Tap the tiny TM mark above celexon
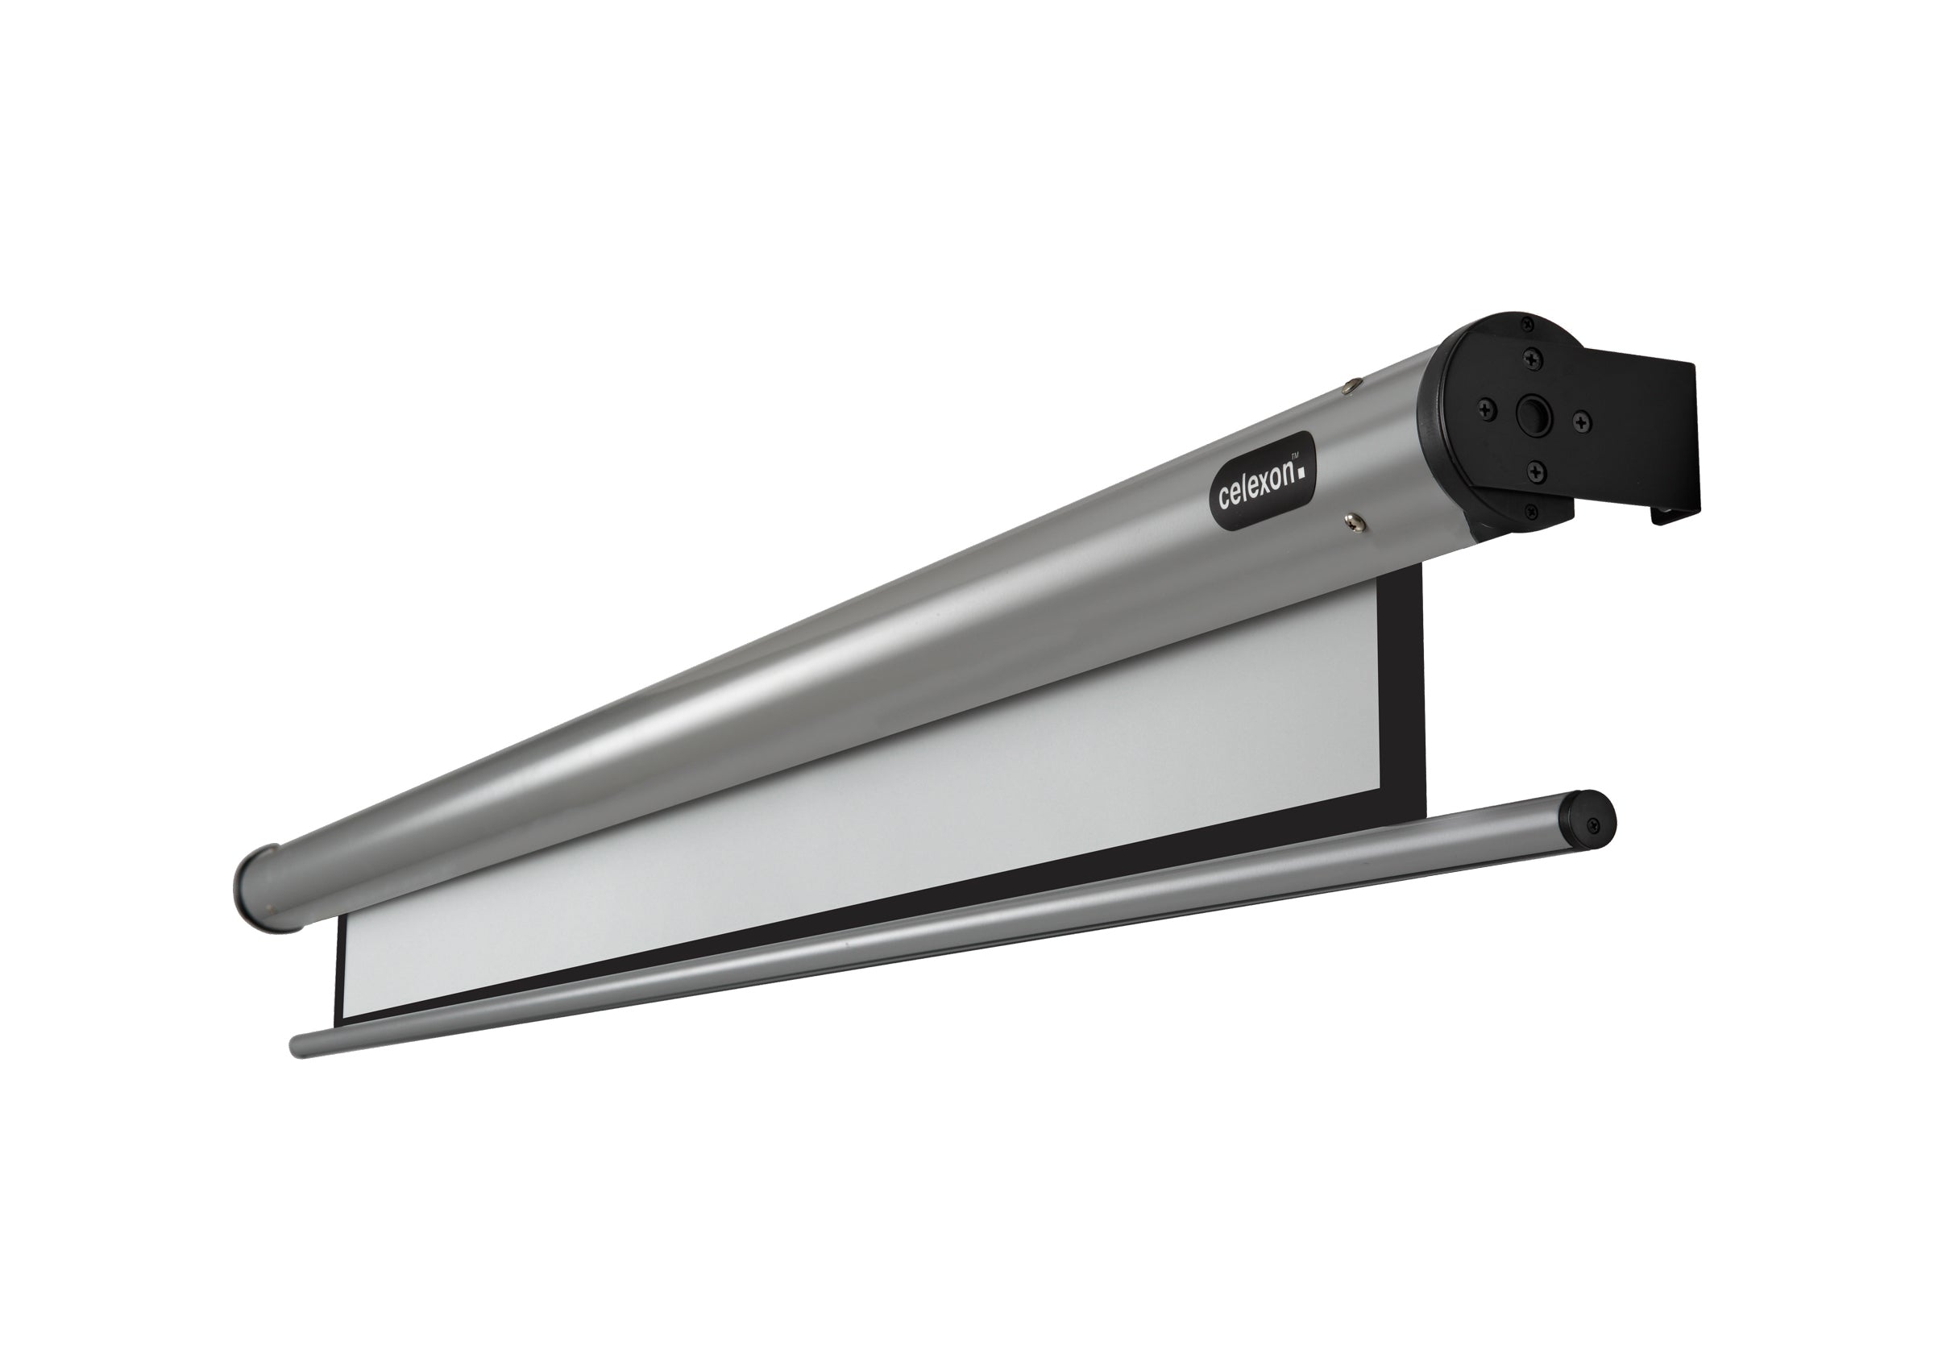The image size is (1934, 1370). click(x=1300, y=455)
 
